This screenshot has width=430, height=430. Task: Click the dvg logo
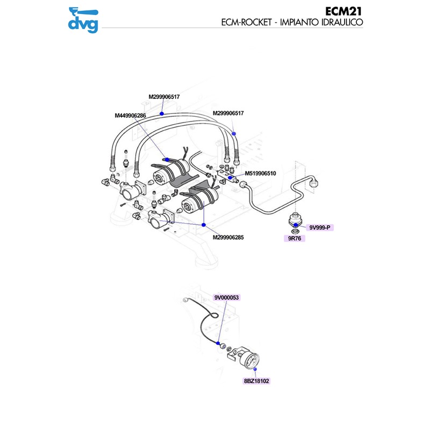[83, 19]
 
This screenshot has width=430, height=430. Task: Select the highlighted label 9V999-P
[320, 228]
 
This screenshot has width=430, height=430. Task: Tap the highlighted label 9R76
[294, 238]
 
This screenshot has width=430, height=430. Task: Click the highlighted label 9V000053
[226, 298]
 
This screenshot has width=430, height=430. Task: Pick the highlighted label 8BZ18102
[256, 381]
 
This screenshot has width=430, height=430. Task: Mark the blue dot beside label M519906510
[230, 176]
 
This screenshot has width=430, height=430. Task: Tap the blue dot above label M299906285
[205, 224]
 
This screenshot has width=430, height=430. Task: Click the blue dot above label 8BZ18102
[255, 370]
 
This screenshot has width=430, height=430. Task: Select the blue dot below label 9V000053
[218, 343]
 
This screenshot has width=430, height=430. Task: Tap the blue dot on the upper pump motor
[168, 159]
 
